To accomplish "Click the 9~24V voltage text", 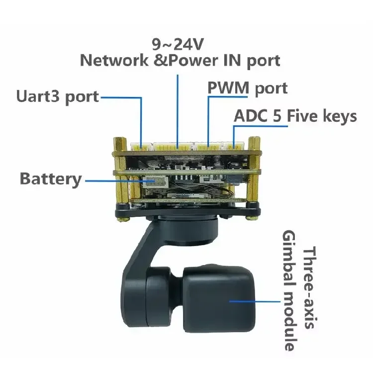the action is pyautogui.click(x=178, y=44).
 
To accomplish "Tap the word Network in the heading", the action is pyautogui.click(x=114, y=60).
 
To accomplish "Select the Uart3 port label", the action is pyautogui.click(x=58, y=97).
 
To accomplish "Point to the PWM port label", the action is pyautogui.click(x=247, y=89).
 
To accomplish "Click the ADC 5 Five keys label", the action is pyautogui.click(x=295, y=116).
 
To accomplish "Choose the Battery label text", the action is pyautogui.click(x=51, y=179).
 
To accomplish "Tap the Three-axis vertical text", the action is pyautogui.click(x=309, y=287).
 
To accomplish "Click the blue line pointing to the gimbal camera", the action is pyautogui.click(x=255, y=301).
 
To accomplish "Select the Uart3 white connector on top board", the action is pyautogui.click(x=142, y=147).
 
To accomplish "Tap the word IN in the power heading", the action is pyautogui.click(x=232, y=60).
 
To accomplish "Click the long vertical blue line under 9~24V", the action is pyautogui.click(x=178, y=111).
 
